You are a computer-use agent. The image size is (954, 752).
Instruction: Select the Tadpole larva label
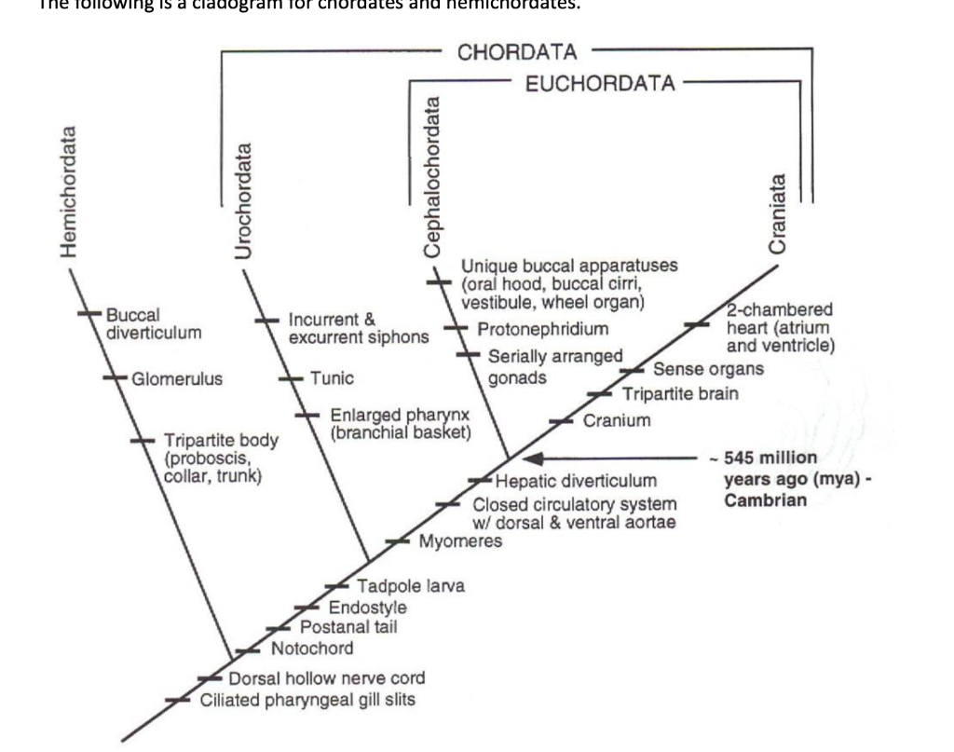tap(411, 586)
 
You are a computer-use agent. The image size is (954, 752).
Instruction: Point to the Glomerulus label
tap(177, 378)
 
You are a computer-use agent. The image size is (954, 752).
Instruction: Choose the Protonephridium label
tap(543, 329)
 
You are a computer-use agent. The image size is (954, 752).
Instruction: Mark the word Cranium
tap(617, 420)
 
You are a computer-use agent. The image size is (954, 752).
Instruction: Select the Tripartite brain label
tap(680, 393)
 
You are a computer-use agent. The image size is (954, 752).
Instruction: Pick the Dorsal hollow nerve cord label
tap(327, 678)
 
